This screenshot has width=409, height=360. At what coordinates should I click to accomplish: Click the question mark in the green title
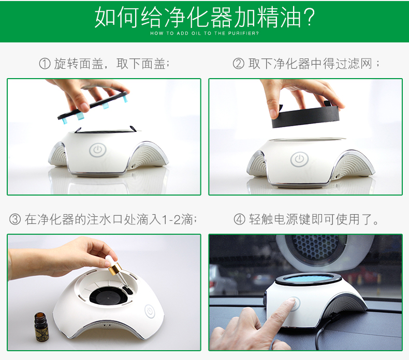point(308,17)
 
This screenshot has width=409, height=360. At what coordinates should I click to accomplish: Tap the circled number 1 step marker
point(45,64)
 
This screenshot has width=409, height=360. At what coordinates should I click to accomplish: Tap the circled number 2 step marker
point(238,64)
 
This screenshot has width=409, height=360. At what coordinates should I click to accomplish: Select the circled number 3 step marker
point(15,219)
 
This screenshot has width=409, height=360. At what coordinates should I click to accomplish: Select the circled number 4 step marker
point(239,219)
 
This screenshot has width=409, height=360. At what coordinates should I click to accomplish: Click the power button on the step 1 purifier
point(98,150)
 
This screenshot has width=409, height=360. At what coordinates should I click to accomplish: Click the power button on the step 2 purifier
point(299,159)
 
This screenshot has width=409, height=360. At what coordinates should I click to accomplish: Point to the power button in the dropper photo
point(150,311)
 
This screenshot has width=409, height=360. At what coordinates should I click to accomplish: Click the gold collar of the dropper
point(115,268)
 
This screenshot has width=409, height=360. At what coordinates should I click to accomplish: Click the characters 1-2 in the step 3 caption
point(171,219)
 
